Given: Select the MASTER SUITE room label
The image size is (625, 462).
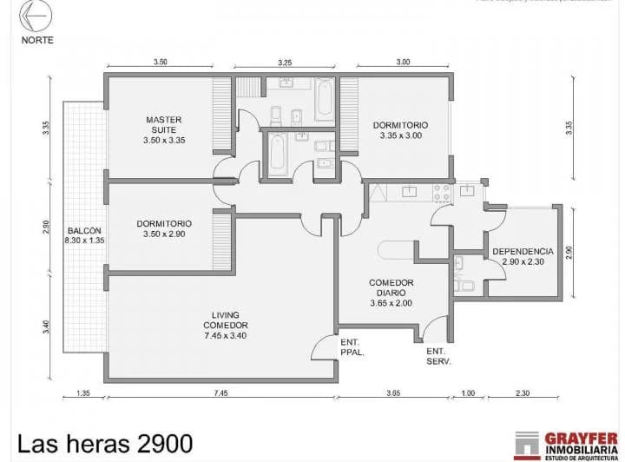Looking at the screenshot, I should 164,129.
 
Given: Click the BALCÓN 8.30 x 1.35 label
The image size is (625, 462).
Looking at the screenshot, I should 85,235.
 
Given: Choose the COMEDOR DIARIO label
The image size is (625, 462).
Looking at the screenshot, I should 391,293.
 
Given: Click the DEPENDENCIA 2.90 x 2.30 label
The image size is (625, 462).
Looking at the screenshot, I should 522,256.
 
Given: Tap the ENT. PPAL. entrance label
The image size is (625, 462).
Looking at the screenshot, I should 352,347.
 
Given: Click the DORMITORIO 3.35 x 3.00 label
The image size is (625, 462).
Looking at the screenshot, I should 400,130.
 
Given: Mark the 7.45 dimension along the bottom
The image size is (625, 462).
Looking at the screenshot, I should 220,393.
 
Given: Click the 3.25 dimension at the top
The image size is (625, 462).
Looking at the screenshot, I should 285,63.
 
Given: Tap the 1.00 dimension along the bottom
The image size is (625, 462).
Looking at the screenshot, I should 468,393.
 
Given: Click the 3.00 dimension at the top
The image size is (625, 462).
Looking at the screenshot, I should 404,63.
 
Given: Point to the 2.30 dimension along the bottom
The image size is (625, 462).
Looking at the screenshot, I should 522,393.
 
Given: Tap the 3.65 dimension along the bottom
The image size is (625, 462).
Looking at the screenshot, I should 392,393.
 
